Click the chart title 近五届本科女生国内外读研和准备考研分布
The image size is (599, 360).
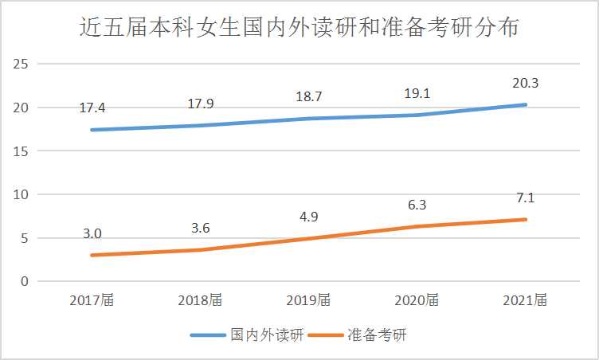coord(299,29)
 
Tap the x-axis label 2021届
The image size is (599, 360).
coord(525,300)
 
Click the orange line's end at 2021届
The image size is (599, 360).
coord(525,219)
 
